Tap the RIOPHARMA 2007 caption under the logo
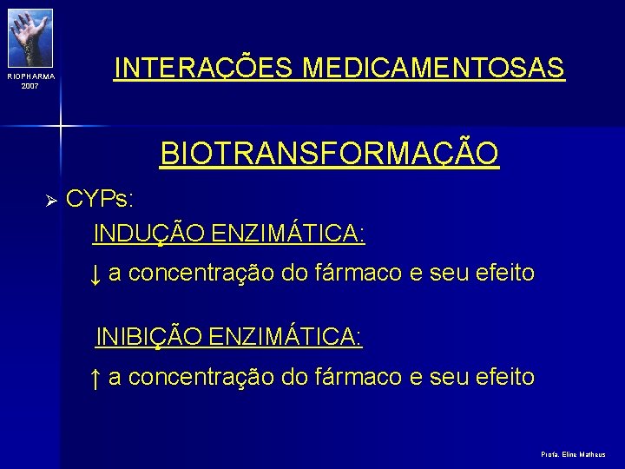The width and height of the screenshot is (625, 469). (30, 81)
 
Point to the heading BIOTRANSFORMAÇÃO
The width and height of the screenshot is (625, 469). (329, 154)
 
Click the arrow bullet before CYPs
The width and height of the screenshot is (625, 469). (50, 201)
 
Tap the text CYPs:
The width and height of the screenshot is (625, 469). (100, 199)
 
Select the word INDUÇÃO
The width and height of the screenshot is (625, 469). (148, 233)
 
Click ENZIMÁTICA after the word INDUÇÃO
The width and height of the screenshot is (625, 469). (288, 233)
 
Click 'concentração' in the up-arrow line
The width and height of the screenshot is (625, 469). (202, 377)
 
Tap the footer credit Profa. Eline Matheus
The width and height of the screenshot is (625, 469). (573, 454)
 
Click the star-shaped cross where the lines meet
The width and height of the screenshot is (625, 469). (60, 126)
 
